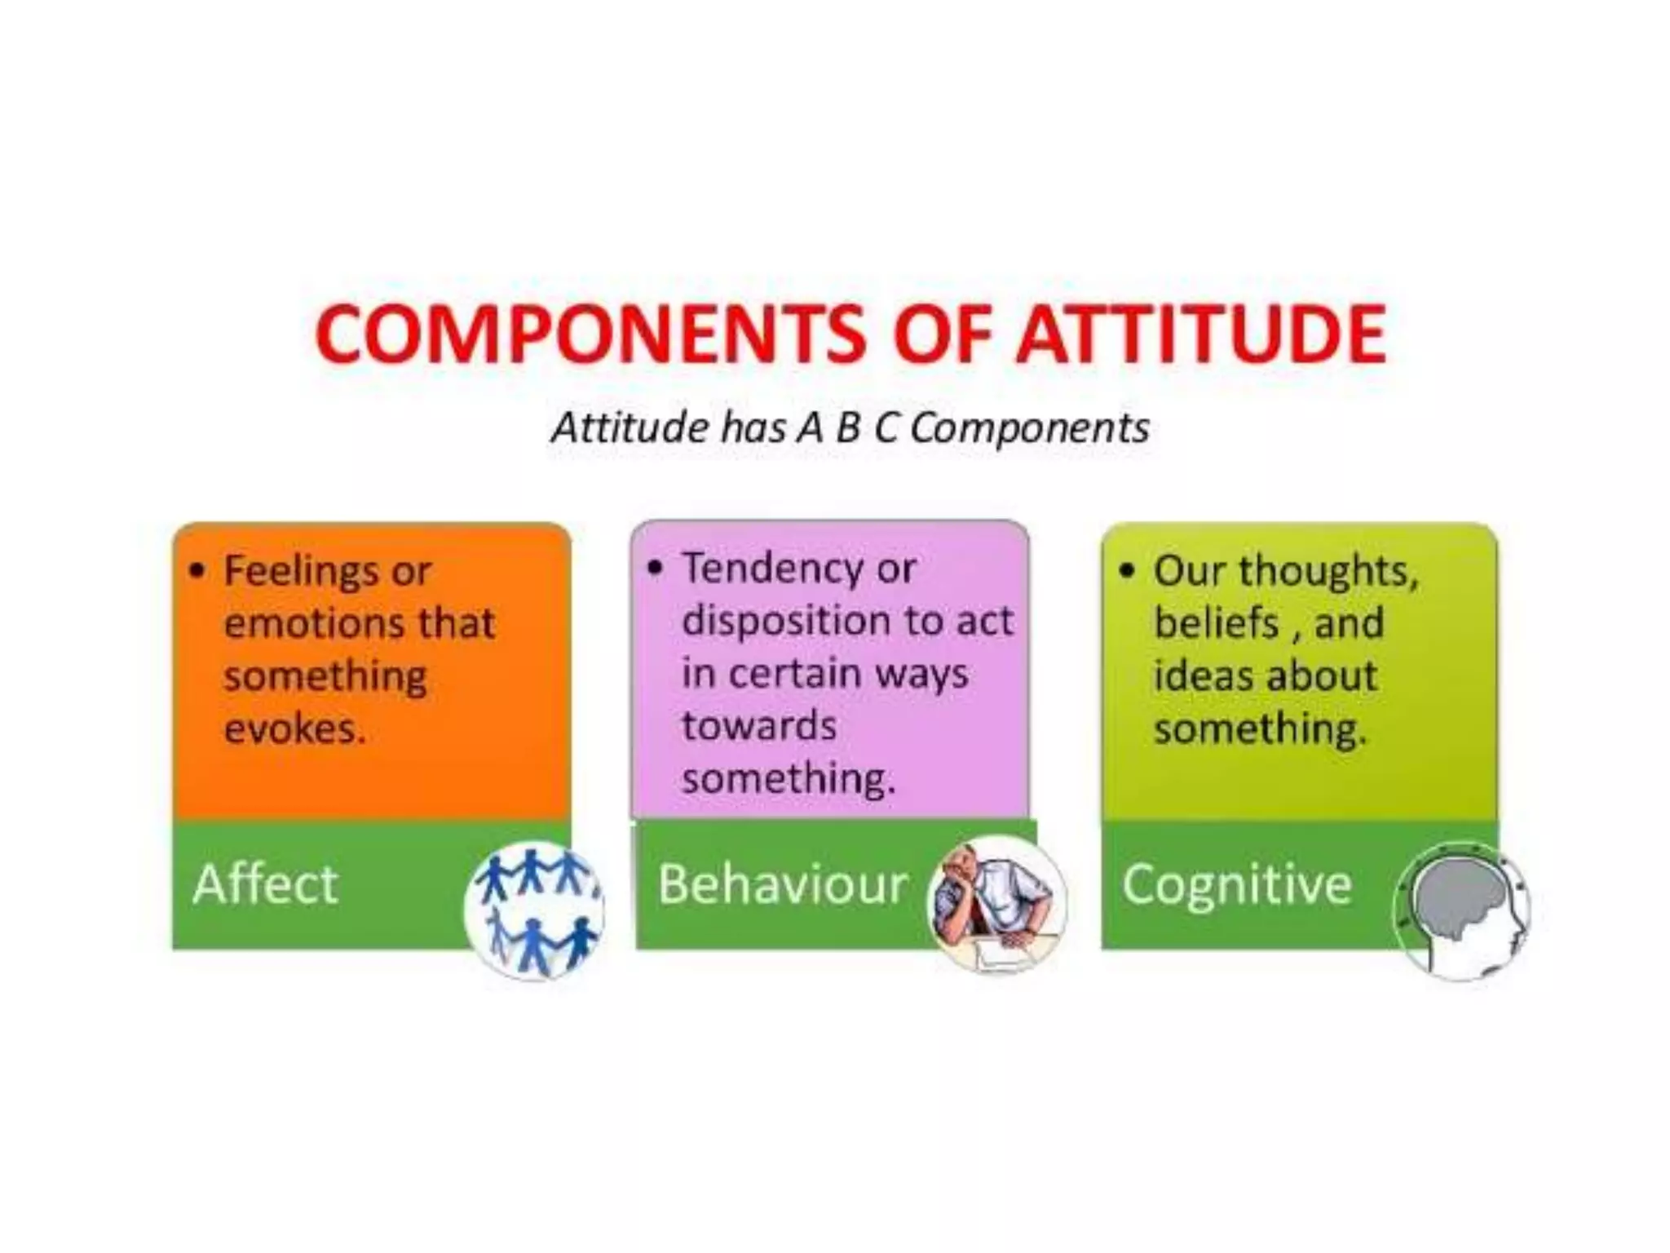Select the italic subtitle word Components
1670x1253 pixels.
click(x=1030, y=428)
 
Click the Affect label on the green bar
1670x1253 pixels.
click(x=265, y=883)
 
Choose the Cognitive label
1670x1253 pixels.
click(x=1236, y=884)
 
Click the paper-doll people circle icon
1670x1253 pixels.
click(x=535, y=910)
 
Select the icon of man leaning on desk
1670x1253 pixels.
click(x=996, y=904)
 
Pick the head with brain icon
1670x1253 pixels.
click(x=1461, y=910)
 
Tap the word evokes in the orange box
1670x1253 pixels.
click(x=294, y=728)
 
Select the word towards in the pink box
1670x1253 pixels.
click(x=758, y=726)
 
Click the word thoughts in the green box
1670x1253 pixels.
click(x=1329, y=571)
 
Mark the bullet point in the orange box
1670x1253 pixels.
click(x=197, y=570)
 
